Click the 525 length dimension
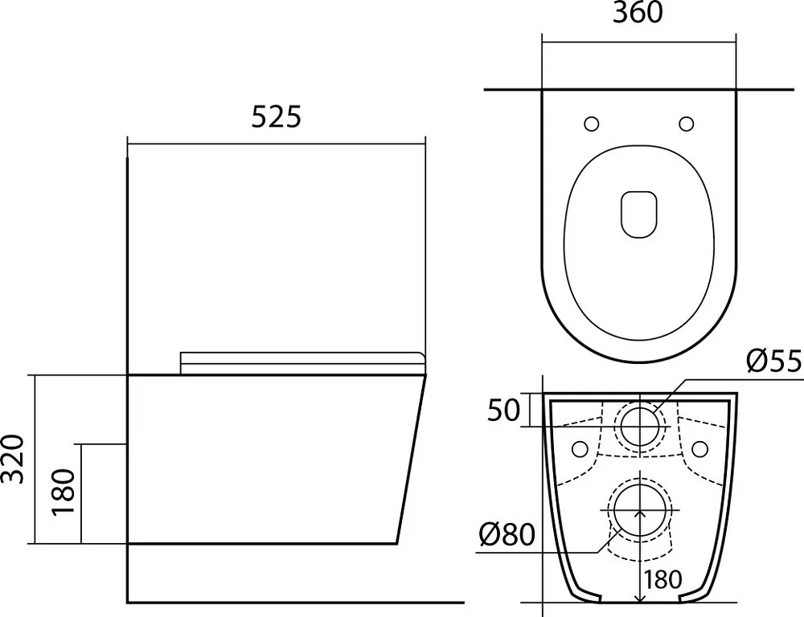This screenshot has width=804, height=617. (276, 116)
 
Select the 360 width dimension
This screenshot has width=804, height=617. (638, 12)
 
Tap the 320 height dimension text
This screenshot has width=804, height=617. (14, 460)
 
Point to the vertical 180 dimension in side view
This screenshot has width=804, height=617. (64, 492)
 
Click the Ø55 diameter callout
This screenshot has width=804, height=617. (774, 362)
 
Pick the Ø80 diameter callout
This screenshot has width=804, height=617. (507, 535)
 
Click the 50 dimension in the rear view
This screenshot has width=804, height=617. (503, 410)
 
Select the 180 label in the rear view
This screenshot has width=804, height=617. (662, 580)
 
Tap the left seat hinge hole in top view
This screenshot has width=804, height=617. (592, 124)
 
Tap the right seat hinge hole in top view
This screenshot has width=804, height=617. (686, 124)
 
